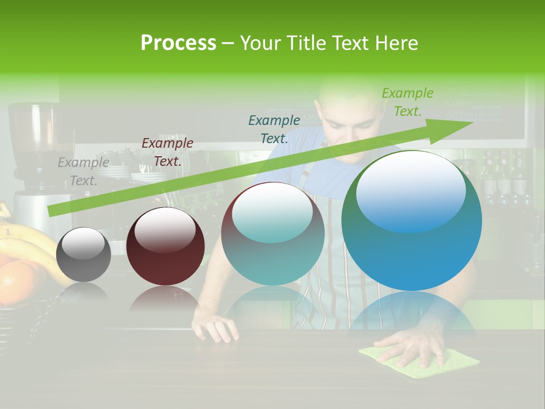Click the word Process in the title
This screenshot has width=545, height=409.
point(178,43)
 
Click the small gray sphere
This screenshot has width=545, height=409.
point(83,254)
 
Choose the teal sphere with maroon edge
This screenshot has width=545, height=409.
point(272,233)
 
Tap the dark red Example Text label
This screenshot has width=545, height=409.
point(167,152)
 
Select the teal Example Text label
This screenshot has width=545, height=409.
point(274,129)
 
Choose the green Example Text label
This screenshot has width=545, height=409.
point(407,102)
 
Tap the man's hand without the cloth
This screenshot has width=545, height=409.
point(216,328)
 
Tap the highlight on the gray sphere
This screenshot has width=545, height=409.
point(82,244)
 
